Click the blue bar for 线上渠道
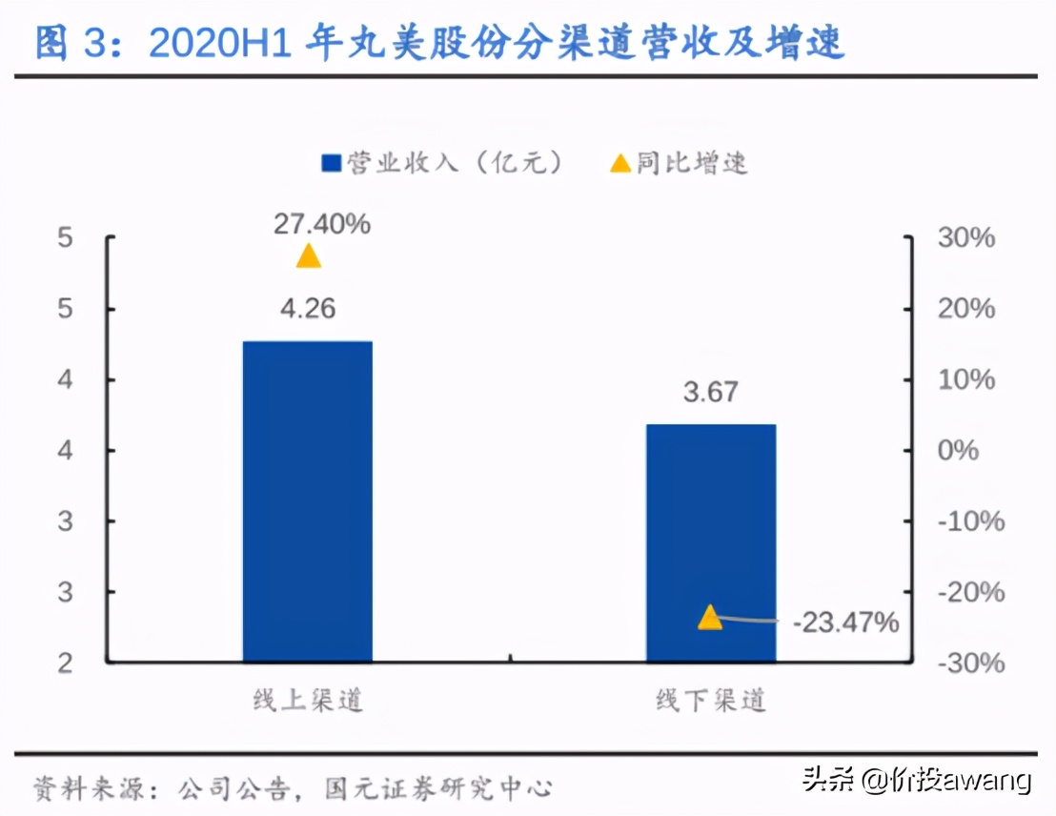coord(307,500)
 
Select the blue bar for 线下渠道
coord(711,542)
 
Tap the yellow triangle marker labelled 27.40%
coord(308,256)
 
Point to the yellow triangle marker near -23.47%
coord(710,618)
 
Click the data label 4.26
coord(307,309)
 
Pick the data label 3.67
coord(710,392)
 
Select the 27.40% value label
coord(321,224)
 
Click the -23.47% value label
coord(845,622)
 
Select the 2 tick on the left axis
coord(65,663)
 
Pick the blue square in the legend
coord(332,164)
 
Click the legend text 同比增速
coord(693,163)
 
